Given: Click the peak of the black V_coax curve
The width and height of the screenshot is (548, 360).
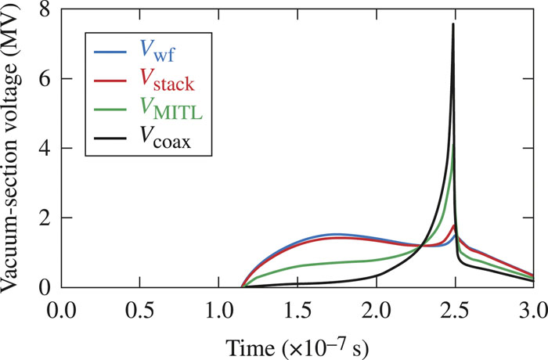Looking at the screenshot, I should point(453,24).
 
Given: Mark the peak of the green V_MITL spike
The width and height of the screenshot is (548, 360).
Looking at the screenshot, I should point(454,144).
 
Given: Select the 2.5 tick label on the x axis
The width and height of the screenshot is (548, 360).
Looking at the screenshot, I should point(454,305).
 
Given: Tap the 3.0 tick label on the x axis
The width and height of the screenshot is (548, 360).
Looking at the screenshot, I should point(532,305).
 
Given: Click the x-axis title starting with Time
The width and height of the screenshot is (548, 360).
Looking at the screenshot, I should point(297,342).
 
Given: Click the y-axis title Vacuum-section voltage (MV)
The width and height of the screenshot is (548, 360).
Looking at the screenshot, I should point(14,149).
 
